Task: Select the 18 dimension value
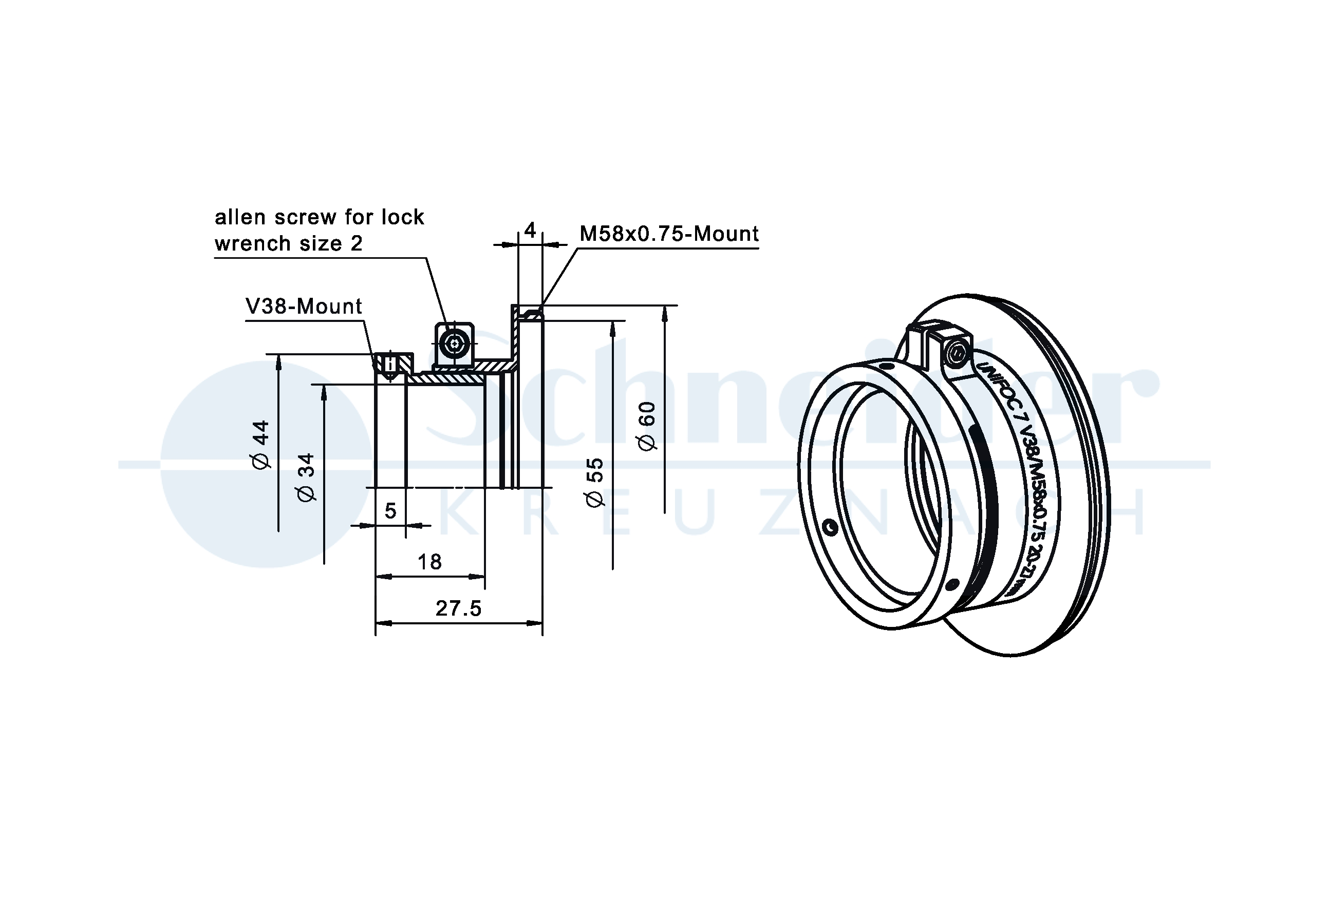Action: [x=429, y=562]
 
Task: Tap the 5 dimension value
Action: [x=390, y=510]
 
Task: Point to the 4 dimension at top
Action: [x=530, y=231]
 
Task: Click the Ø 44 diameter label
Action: [x=261, y=445]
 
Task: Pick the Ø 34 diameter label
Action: [x=307, y=477]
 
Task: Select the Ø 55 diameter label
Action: [x=595, y=482]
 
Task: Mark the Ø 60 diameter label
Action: [x=647, y=426]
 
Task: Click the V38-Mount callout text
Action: [x=304, y=307]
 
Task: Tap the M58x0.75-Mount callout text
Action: [x=669, y=234]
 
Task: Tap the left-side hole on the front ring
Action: [x=830, y=527]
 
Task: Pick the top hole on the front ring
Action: [x=886, y=365]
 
